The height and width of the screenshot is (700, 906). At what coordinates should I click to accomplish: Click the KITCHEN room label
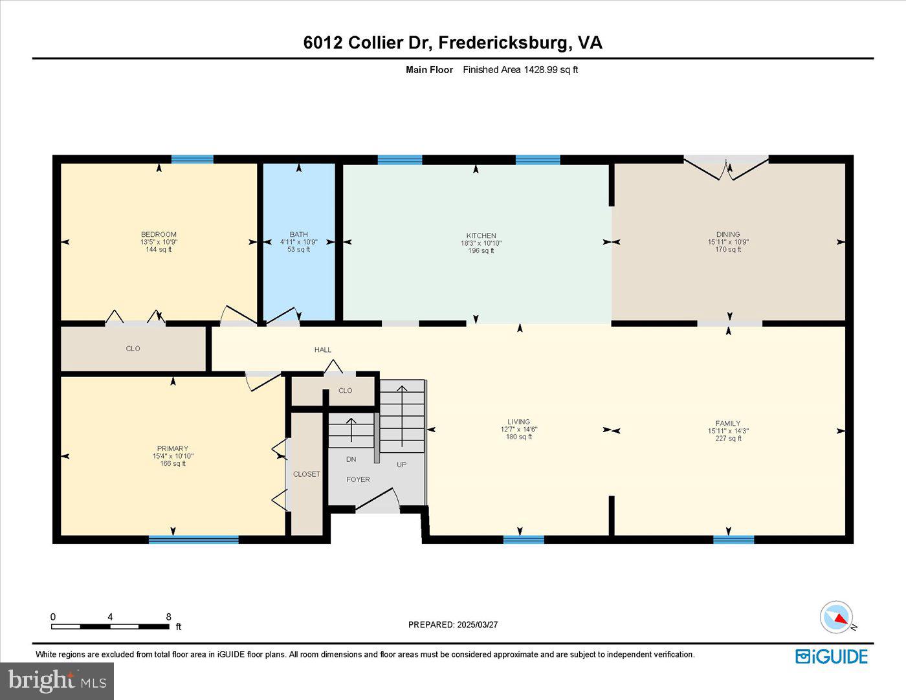tap(481, 235)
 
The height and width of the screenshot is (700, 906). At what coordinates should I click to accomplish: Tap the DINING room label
tap(728, 234)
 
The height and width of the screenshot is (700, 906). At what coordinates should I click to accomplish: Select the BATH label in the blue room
tap(298, 234)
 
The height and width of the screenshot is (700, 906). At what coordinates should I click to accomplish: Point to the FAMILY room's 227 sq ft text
tap(728, 439)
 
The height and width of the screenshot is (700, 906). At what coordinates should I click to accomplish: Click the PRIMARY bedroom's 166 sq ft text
tap(173, 463)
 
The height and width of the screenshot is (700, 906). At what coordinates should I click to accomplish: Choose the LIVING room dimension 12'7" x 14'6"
tap(518, 430)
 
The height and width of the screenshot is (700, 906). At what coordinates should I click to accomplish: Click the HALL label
tap(322, 350)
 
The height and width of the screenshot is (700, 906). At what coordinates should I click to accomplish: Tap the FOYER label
tap(358, 479)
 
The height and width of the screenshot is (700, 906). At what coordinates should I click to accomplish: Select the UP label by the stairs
tap(401, 465)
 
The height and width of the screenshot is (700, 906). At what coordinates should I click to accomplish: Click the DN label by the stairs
tap(351, 459)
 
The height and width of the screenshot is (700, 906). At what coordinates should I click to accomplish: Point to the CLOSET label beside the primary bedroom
tap(306, 474)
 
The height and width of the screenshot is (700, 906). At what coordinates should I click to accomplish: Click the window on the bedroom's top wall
tap(192, 159)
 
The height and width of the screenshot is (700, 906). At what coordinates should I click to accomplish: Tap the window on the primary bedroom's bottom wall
tap(193, 540)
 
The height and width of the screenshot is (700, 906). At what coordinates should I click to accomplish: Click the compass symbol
tap(836, 617)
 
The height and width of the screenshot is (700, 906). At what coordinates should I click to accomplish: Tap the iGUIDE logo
tap(832, 657)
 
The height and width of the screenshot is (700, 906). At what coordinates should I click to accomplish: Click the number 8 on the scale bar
tap(168, 617)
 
